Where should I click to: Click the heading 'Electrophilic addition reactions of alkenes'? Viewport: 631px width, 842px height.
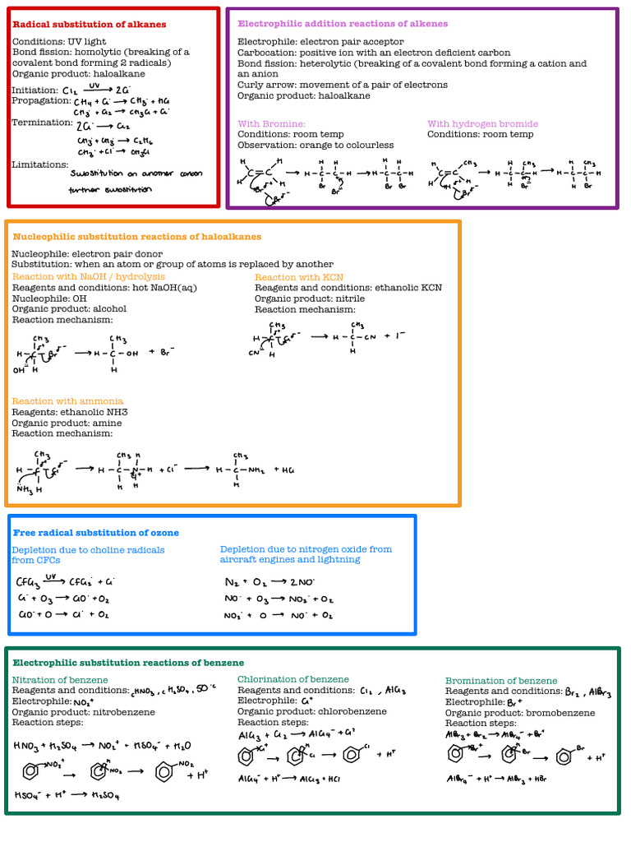click(343, 24)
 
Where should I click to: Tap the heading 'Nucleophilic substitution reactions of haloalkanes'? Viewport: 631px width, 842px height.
click(137, 237)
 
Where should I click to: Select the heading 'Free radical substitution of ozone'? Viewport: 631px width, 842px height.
click(95, 533)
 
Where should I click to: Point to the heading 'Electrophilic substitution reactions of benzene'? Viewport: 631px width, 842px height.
click(128, 663)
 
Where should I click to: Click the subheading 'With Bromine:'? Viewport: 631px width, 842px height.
click(271, 124)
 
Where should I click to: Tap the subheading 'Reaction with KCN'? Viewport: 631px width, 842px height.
click(299, 278)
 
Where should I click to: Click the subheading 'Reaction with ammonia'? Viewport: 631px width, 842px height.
click(67, 401)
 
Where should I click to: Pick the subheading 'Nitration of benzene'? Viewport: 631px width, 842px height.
click(60, 680)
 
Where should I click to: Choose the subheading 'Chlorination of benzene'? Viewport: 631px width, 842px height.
click(292, 679)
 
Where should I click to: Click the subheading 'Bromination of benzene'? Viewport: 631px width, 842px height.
click(501, 681)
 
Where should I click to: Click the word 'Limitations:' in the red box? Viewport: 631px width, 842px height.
click(39, 164)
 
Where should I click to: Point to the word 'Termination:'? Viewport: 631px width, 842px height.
click(43, 123)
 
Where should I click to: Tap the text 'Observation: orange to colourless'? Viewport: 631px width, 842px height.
click(315, 146)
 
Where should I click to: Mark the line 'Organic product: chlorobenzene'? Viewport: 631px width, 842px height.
click(311, 711)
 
